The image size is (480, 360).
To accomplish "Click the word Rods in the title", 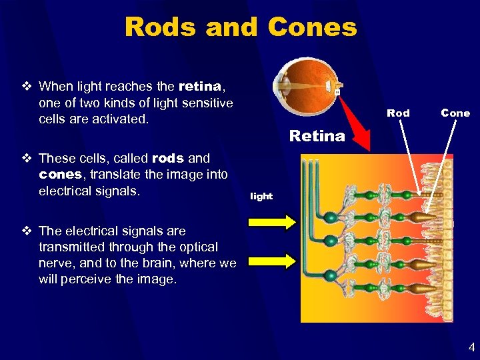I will click(x=161, y=27).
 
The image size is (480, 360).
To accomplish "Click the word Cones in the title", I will click(x=312, y=27).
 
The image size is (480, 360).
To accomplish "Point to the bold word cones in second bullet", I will click(x=59, y=175).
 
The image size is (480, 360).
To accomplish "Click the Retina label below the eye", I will click(x=317, y=136).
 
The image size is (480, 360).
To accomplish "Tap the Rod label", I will click(x=398, y=113).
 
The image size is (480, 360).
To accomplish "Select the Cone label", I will click(x=455, y=113).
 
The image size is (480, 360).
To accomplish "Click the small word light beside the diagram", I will click(x=261, y=196).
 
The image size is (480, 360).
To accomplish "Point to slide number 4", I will click(x=471, y=347).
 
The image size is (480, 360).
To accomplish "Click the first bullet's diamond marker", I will click(x=26, y=86).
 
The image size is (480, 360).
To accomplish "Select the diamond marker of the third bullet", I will click(x=26, y=231).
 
